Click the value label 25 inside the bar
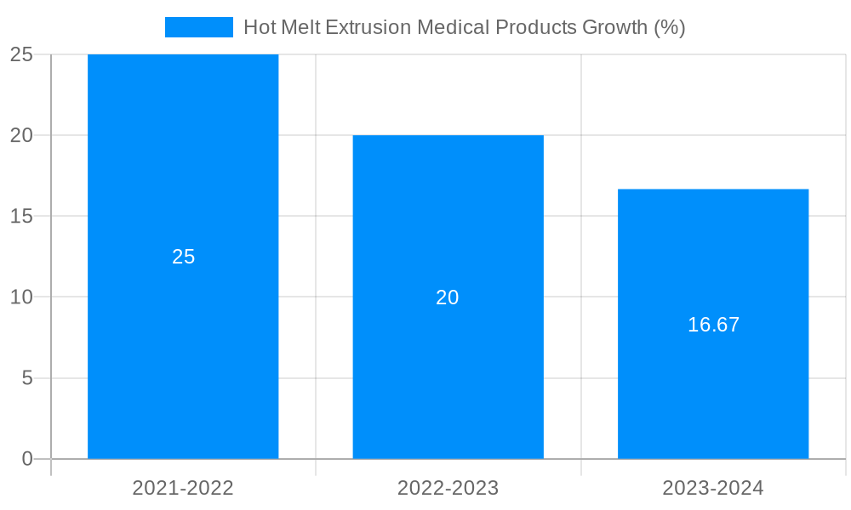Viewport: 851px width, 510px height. point(184,257)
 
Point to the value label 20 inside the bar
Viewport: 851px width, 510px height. point(448,297)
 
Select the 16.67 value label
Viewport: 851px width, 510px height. point(713,325)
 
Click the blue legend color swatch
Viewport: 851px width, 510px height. point(198,27)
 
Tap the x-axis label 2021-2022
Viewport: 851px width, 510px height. point(183,488)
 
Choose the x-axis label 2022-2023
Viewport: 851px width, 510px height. point(448,488)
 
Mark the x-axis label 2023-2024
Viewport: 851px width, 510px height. point(713,488)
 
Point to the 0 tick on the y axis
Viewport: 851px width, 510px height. point(26,459)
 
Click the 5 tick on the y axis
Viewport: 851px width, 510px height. point(26,378)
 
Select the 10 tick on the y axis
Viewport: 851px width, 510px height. point(21,297)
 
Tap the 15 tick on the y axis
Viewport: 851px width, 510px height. point(21,216)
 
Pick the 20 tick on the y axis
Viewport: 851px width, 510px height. point(21,135)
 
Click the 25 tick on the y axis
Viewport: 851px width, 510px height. point(21,54)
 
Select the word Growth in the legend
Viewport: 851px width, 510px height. point(614,27)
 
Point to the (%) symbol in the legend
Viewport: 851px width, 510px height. point(670,27)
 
